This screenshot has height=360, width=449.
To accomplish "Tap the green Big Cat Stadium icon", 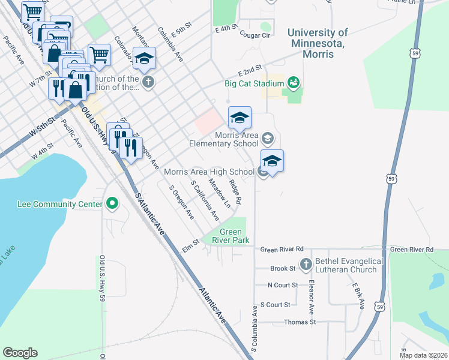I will point(294,82).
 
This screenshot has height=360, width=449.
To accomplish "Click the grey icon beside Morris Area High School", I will point(263,172).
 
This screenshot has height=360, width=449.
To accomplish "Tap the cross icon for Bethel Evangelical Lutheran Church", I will point(306,265).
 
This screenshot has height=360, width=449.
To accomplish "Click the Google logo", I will point(20,353).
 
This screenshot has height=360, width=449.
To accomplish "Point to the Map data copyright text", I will point(423,355).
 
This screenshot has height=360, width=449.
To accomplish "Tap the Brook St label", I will point(283,269).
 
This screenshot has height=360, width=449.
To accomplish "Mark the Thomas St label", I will point(300,322).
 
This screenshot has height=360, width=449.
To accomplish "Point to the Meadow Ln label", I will point(219,193).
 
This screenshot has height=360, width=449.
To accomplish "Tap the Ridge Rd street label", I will point(235,192).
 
